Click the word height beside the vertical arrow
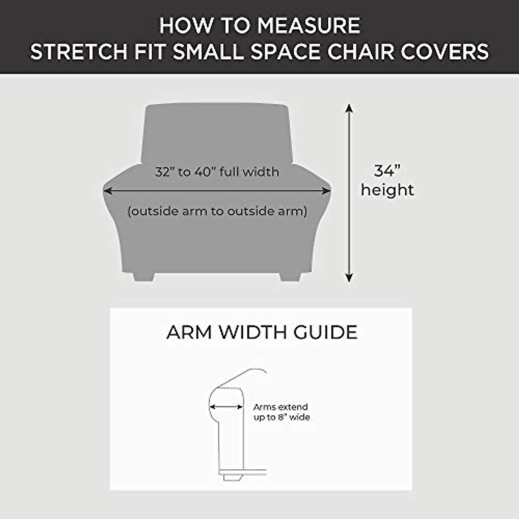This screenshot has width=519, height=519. coord(388,190)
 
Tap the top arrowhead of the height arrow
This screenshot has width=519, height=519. coord(349,108)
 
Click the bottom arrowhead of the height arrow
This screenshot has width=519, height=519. coord(349,278)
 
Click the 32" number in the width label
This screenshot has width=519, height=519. coord(164,172)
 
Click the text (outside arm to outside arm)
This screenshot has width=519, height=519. coord(217,211)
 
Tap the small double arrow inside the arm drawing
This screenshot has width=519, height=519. coord(226,407)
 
